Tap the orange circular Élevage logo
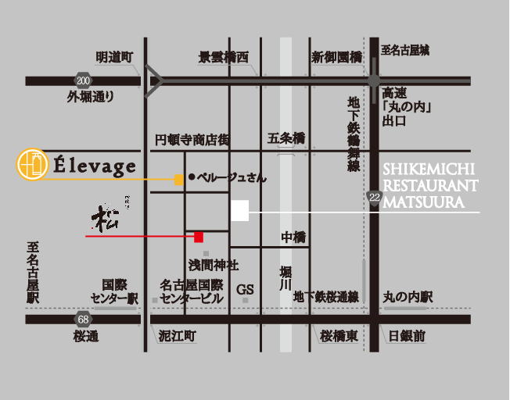(30, 164)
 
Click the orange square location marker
(179, 180)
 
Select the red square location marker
(199, 236)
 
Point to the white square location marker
(239, 211)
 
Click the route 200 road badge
(84, 80)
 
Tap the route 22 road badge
(375, 199)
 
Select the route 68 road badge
(84, 319)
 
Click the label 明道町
(115, 57)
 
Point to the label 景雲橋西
(224, 57)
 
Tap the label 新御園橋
(336, 57)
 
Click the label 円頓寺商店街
(192, 140)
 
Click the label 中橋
(293, 237)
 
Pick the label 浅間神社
(207, 266)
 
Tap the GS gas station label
(246, 289)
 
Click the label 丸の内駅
(408, 298)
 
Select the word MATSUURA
(424, 202)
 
